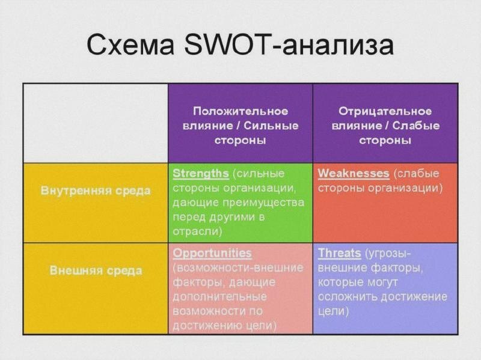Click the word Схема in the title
pos(131,45)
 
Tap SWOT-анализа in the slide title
pos(289,45)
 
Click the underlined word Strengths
pos(201,174)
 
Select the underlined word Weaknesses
pos(354,174)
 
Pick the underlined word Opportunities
pos(212,254)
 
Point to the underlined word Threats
pos(339,253)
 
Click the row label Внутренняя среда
pos(96,191)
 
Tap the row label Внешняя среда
pos(96,270)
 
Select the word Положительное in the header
pos(240,111)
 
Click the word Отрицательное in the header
pos(385,111)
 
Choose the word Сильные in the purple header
pos(272,126)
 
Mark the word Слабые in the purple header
pos(416,126)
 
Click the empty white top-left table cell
pos(96,123)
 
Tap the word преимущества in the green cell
pos(263,203)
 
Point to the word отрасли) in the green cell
pos(197,231)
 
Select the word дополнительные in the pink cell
pos(219,297)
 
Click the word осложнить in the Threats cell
pos(348,296)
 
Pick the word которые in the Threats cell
pos(340,282)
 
